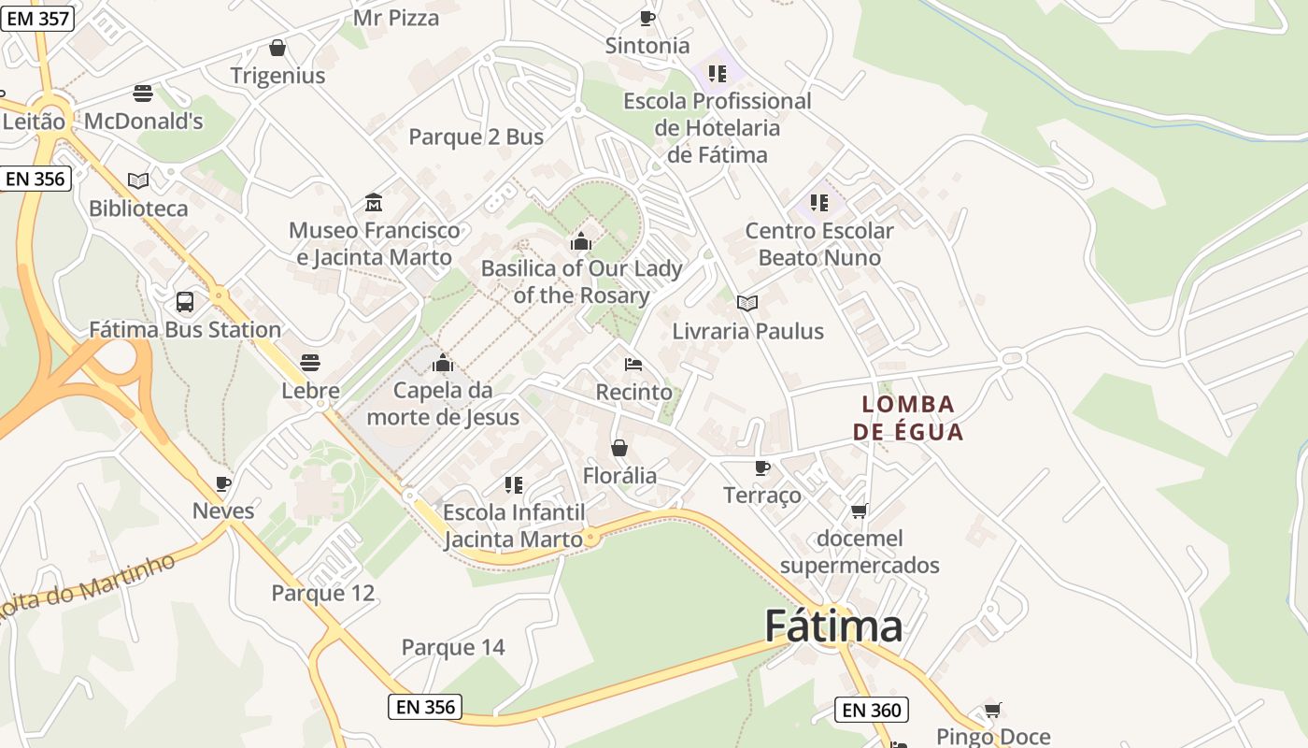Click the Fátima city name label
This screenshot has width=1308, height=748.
point(833,626)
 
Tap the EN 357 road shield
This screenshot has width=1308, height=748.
point(36,17)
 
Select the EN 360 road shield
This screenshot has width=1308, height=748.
point(872,710)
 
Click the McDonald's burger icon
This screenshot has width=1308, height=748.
point(143,93)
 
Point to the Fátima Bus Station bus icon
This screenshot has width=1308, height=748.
point(185,302)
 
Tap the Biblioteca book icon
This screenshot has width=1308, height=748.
point(138,180)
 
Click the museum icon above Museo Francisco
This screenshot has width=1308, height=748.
point(374,202)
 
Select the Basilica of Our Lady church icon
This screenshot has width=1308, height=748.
point(580,242)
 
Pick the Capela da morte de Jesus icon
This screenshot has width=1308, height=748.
point(443,363)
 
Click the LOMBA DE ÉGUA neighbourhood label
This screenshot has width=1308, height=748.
point(908,418)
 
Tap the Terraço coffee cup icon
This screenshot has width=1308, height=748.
point(762,467)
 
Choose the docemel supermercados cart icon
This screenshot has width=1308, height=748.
point(860,511)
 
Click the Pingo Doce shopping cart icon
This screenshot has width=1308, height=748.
point(992,711)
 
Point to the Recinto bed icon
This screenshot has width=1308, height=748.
point(633,364)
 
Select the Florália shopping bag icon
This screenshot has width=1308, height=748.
point(618,449)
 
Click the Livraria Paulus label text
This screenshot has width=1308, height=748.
point(747,331)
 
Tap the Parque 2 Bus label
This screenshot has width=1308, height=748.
point(476,137)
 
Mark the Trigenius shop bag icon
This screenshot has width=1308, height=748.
point(277,48)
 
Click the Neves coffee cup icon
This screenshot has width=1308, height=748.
point(222,483)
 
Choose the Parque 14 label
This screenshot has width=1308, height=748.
point(453,647)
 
